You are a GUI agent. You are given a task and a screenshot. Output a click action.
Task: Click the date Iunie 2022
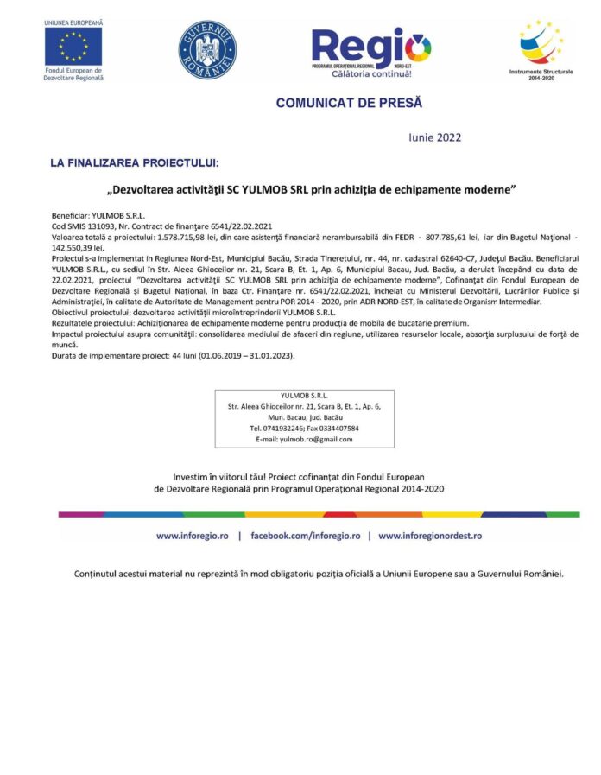(x=434, y=137)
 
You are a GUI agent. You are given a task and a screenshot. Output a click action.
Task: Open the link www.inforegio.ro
(x=192, y=536)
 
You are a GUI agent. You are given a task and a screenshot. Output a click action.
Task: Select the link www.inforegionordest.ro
(x=430, y=536)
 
